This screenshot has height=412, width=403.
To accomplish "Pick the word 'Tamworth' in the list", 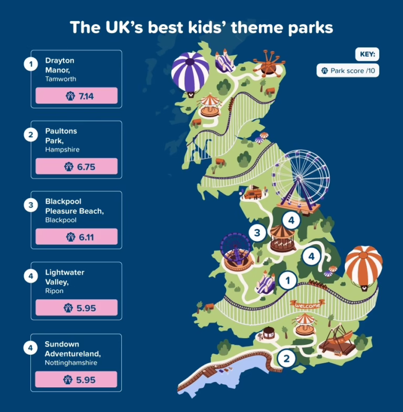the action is [x=61, y=79].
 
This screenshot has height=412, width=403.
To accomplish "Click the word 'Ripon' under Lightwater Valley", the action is [x=54, y=291].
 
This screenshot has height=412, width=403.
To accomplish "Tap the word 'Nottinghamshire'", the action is [x=71, y=363].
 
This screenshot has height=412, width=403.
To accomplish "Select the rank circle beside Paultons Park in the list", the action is [x=31, y=135].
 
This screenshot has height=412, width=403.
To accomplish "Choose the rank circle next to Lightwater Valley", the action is [x=31, y=276].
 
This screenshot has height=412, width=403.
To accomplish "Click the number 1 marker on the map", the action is [x=288, y=280].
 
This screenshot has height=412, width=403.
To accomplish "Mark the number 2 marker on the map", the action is [x=287, y=359].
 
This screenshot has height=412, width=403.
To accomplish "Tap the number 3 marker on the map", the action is [x=257, y=233].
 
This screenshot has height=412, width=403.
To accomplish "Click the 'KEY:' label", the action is [x=367, y=54].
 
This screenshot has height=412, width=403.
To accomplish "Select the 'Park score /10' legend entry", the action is [x=348, y=71].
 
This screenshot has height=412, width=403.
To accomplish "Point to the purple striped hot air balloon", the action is [x=190, y=73].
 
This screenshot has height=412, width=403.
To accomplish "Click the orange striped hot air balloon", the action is [x=364, y=267].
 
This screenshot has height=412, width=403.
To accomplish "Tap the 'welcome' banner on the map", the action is [x=307, y=305].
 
